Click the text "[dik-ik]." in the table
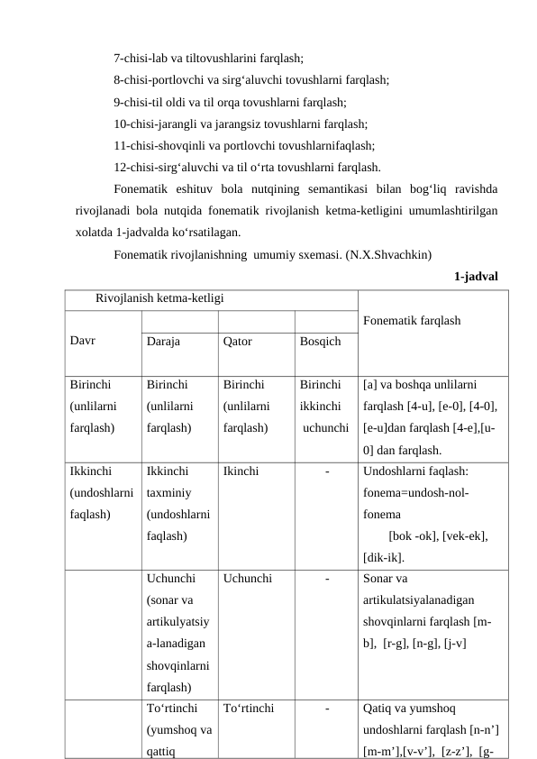pyautogui.click(x=383, y=557)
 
